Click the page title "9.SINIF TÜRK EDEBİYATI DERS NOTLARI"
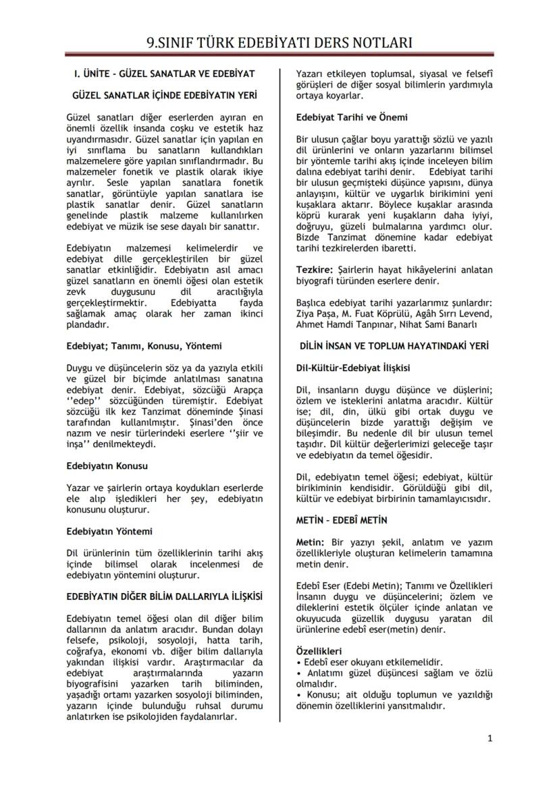coord(279,44)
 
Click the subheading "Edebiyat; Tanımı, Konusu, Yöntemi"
coord(144,346)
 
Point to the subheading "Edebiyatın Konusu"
coord(107,465)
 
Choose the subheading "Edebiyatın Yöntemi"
coord(109,531)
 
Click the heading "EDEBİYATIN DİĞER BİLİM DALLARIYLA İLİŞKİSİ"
coord(164,596)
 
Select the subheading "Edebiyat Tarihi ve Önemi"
coord(352,117)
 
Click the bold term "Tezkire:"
coord(315,270)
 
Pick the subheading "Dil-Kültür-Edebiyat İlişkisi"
coord(353,368)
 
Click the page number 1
coord(489,738)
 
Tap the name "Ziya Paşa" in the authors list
coord(318,313)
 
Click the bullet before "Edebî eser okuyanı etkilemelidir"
coord(299,662)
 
